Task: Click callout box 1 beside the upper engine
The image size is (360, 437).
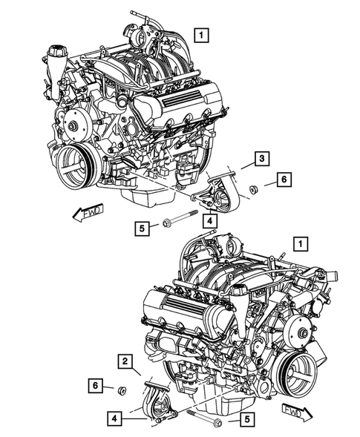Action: pos(202,33)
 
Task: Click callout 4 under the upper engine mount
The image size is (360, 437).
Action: pos(211,220)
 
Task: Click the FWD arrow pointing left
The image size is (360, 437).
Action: pos(88,214)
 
